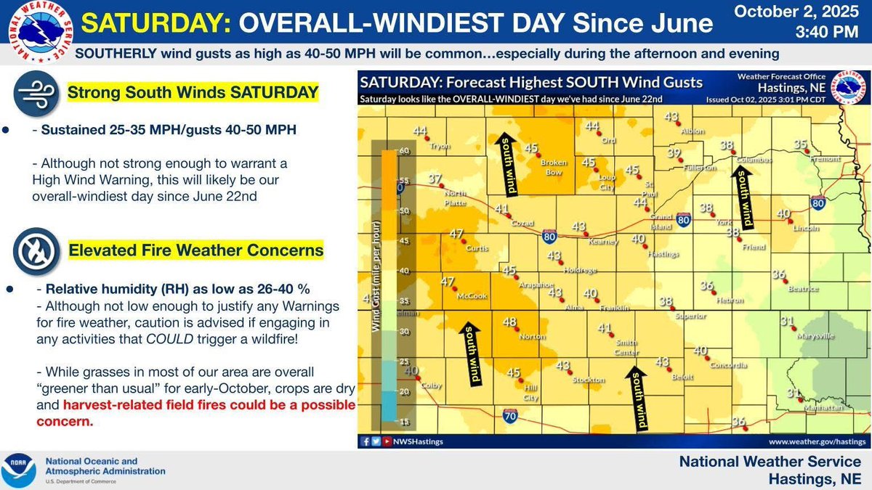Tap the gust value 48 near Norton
pyautogui.click(x=510, y=322)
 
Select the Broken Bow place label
pyautogui.click(x=554, y=168)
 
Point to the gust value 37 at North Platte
pyautogui.click(x=435, y=179)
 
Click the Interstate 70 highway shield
pyautogui.click(x=509, y=415)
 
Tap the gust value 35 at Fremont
pyautogui.click(x=801, y=144)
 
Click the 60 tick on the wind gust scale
pyautogui.click(x=403, y=151)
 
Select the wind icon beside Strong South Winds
pyautogui.click(x=35, y=94)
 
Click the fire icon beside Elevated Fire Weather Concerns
pyautogui.click(x=35, y=250)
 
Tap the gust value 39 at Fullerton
pyautogui.click(x=674, y=153)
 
